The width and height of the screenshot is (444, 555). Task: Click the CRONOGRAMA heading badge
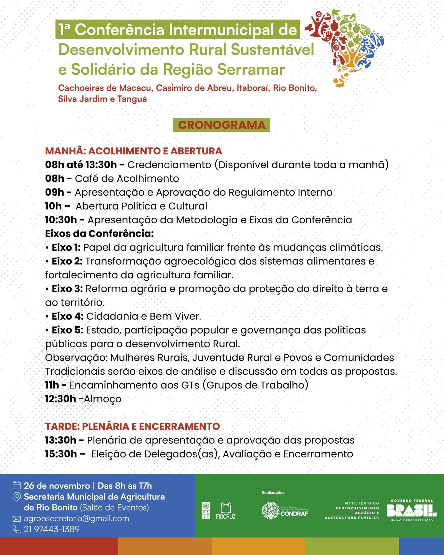(x=221, y=125)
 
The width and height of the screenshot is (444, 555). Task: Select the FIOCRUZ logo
(x=226, y=511)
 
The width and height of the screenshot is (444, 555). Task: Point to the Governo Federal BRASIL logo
(x=412, y=511)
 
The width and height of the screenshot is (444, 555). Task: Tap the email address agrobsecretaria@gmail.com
(x=76, y=518)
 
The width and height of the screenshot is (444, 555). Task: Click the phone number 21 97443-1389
(x=52, y=529)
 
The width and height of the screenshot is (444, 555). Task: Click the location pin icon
(x=17, y=497)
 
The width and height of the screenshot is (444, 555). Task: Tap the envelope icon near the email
(x=17, y=519)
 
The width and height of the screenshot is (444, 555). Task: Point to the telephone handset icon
(x=17, y=529)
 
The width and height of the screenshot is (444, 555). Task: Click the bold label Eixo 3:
(x=67, y=289)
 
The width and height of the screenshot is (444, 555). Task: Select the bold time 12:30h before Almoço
(x=60, y=399)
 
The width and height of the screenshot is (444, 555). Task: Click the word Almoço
(x=103, y=399)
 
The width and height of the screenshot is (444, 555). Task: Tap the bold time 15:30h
(x=61, y=454)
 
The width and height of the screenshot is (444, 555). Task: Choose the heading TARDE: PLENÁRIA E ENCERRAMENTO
(x=132, y=426)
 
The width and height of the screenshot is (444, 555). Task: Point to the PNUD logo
(x=206, y=511)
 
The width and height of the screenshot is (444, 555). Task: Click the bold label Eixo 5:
(x=67, y=330)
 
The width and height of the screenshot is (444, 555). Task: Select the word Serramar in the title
(x=251, y=69)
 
